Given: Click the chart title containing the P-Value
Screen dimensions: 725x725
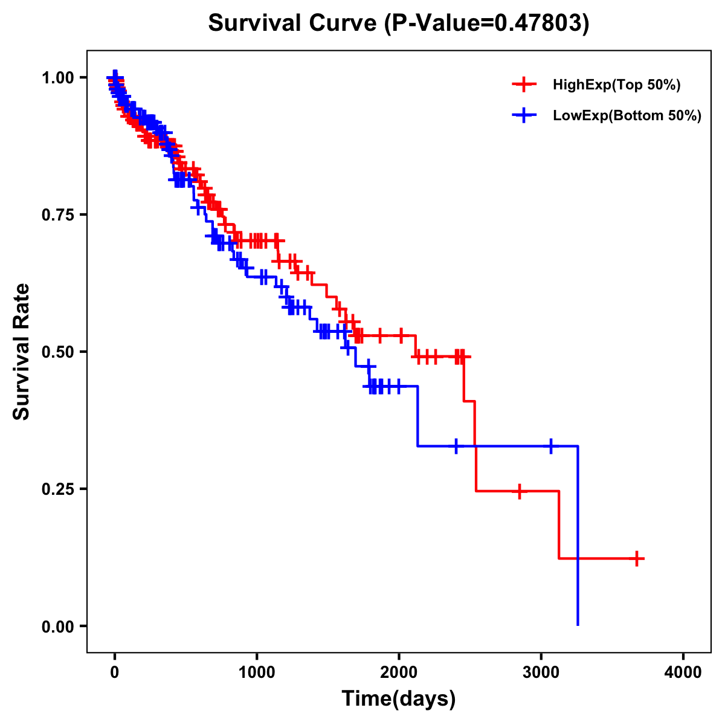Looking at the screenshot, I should pyautogui.click(x=398, y=23).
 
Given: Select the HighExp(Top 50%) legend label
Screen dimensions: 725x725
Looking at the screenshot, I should pyautogui.click(x=616, y=85).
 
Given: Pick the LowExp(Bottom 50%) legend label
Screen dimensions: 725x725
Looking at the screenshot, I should pyautogui.click(x=627, y=116).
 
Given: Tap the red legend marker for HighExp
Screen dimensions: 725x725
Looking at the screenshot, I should pyautogui.click(x=524, y=85).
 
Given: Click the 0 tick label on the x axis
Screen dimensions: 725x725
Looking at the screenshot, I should pyautogui.click(x=115, y=672).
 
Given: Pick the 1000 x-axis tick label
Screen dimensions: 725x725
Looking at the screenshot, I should pyautogui.click(x=257, y=672).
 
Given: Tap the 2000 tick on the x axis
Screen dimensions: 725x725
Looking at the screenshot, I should pyautogui.click(x=399, y=672).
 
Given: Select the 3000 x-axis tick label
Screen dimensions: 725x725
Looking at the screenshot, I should pyautogui.click(x=541, y=672).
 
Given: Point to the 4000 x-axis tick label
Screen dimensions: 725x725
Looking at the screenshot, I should pyautogui.click(x=683, y=672).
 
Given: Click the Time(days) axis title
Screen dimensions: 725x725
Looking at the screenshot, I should pyautogui.click(x=399, y=699).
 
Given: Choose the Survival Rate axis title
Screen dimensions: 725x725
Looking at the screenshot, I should pyautogui.click(x=22, y=351).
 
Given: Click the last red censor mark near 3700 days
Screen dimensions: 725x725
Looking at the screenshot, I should pyautogui.click(x=637, y=559).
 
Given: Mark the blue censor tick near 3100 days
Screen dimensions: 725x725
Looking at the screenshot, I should pyautogui.click(x=551, y=446).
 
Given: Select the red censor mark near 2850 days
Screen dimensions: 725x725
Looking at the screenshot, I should pyautogui.click(x=519, y=491).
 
